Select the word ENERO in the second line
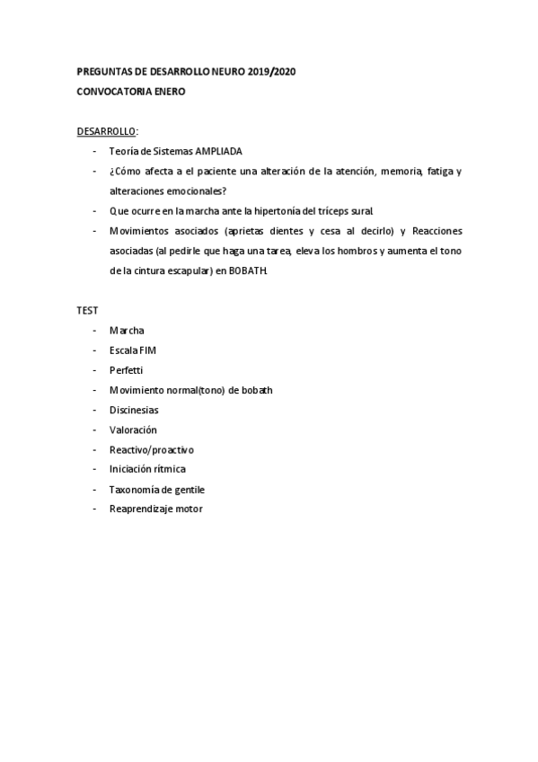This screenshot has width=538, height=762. (170, 91)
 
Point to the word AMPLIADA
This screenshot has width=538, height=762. (219, 151)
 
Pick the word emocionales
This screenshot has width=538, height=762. (197, 190)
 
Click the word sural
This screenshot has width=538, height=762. (360, 210)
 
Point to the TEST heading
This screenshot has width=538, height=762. (87, 310)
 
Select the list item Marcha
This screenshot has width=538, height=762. (127, 331)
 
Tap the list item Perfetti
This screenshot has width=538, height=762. (127, 369)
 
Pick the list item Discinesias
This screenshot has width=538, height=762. (134, 410)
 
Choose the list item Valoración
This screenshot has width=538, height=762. (133, 430)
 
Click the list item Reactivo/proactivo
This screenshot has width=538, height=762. (151, 449)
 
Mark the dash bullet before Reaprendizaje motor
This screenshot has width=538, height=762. (95, 509)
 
